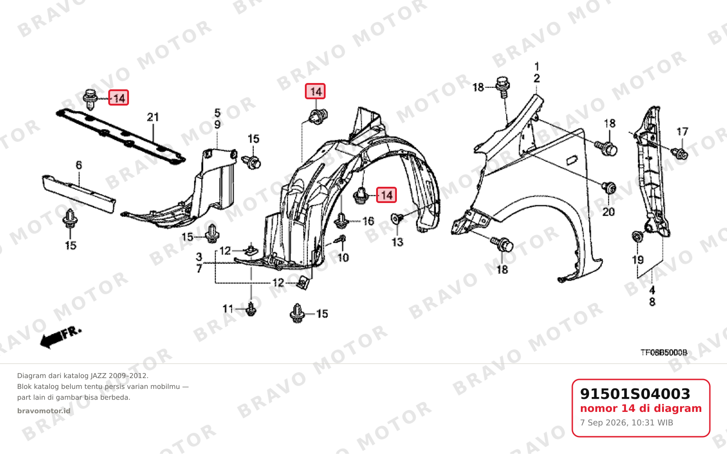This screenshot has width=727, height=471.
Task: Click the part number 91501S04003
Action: (635, 394)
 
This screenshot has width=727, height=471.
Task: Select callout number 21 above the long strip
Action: (153, 117)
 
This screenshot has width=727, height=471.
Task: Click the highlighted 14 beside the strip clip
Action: (119, 98)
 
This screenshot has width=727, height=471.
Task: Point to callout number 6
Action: (79, 165)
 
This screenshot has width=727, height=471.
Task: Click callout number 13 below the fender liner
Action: (398, 242)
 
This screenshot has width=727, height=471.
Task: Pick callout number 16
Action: (368, 221)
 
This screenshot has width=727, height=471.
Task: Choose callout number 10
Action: (343, 258)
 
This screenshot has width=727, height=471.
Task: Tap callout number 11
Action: (228, 309)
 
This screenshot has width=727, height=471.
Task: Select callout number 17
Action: (682, 131)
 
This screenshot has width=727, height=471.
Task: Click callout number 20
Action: (608, 212)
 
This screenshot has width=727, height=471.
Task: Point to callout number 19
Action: (638, 260)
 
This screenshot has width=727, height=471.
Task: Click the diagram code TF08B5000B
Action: (664, 352)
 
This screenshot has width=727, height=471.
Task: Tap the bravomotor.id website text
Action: (44, 411)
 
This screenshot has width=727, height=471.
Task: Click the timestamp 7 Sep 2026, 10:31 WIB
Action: (626, 423)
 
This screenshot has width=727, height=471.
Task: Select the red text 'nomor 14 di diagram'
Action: (641, 408)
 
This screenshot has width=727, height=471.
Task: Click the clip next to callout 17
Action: (680, 154)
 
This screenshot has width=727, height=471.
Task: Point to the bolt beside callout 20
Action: (609, 188)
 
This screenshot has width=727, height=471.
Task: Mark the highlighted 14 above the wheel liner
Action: (315, 91)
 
